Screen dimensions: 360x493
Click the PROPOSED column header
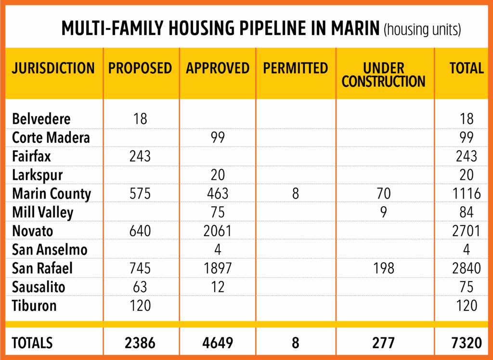(140, 68)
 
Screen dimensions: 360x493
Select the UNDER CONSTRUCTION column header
(384, 75)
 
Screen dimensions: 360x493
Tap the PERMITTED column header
(295, 68)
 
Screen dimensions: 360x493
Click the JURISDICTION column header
(53, 68)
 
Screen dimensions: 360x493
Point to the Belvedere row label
(41, 119)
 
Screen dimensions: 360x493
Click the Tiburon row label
(35, 306)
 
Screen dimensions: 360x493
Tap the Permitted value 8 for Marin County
(295, 194)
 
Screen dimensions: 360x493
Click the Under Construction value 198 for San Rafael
(384, 268)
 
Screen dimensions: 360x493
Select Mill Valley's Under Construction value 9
(384, 212)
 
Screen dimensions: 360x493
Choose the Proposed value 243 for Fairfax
(140, 156)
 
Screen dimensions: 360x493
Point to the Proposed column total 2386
(140, 343)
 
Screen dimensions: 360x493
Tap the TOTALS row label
(32, 343)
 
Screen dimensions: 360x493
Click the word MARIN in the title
(350, 29)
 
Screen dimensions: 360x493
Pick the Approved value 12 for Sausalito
(218, 287)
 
